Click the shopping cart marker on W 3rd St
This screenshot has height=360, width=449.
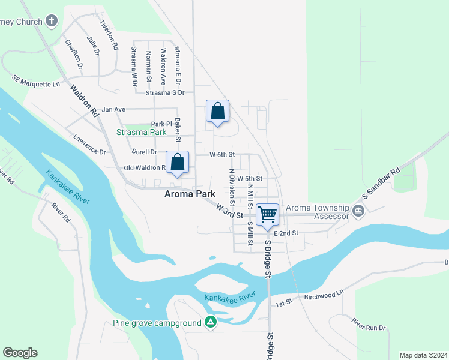coord(267,214)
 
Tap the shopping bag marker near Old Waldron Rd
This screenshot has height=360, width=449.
coord(178,162)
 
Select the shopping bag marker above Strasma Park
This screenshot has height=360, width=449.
coord(217,111)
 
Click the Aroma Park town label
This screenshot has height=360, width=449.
coord(190,194)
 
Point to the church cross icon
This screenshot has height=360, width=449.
coord(52,21)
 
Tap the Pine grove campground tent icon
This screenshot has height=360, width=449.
coord(210,323)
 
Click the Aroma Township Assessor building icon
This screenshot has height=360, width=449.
coord(358,211)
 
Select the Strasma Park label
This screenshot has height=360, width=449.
coord(141,132)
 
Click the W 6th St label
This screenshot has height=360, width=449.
coord(221,155)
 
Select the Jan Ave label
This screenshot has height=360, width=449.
coord(113,109)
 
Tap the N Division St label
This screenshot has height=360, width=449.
coord(231,187)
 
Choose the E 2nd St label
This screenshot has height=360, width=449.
coord(286,233)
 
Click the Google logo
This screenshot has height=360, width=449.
coord(20,353)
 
